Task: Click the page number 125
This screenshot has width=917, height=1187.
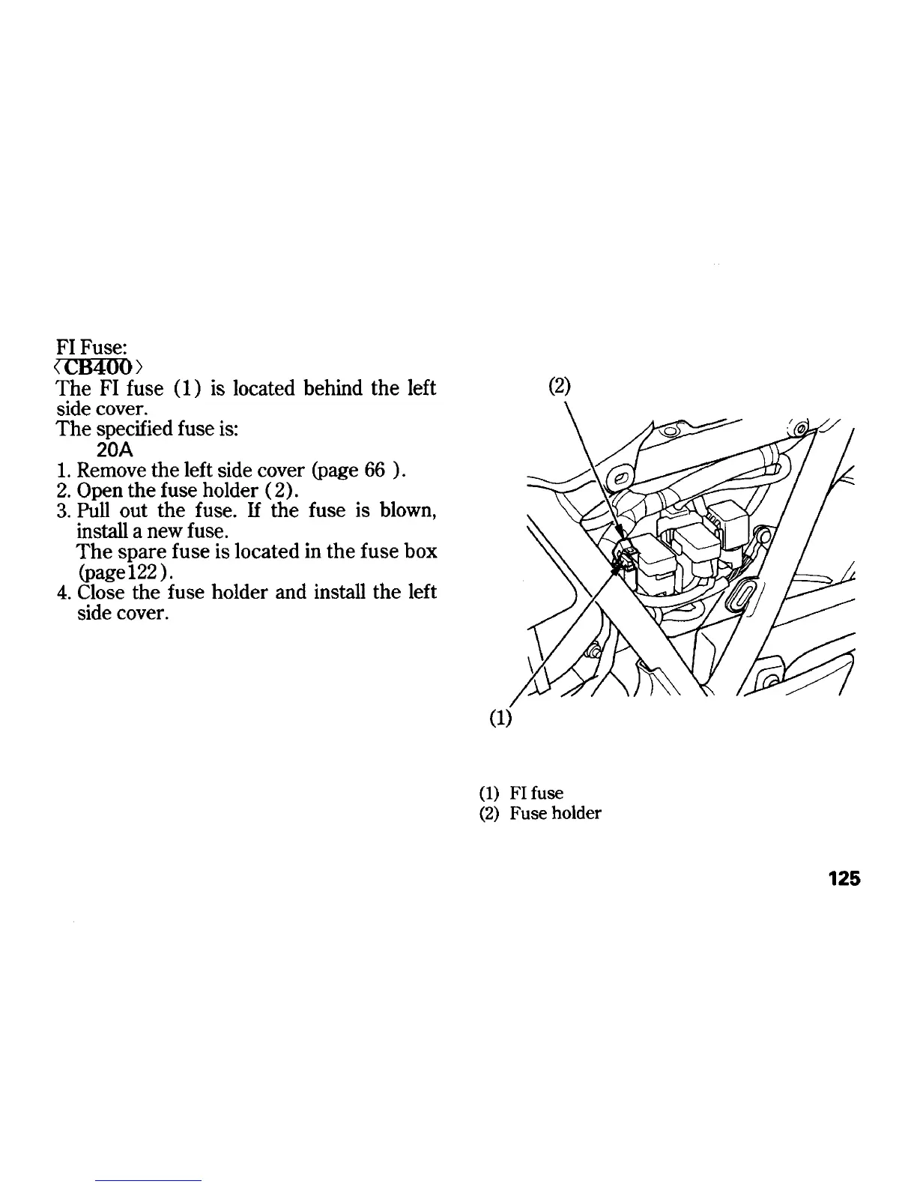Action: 844,879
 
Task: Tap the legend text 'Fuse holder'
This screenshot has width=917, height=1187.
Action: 555,813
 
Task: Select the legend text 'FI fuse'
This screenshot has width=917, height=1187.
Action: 536,793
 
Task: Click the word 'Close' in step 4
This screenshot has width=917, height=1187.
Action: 102,592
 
